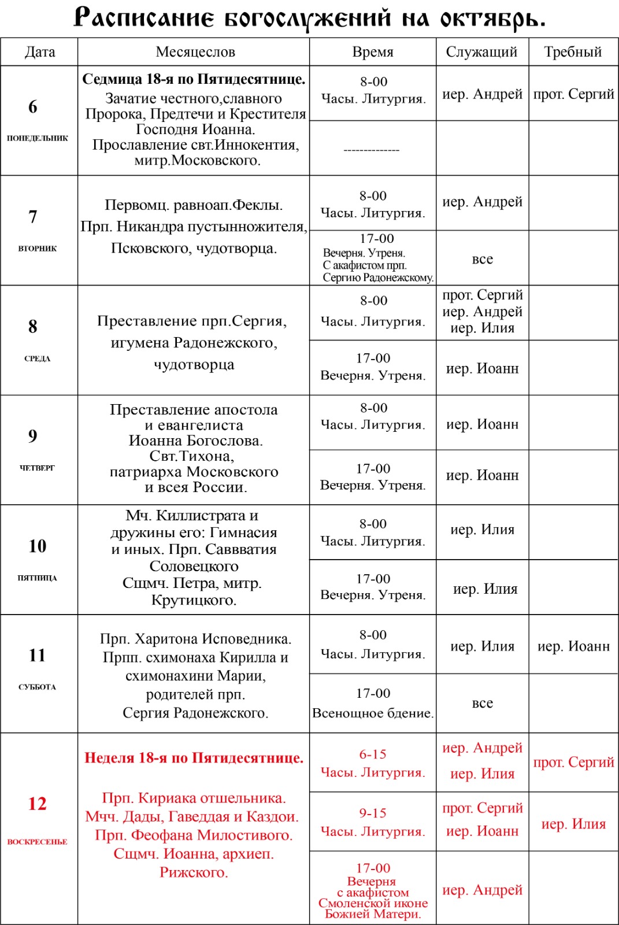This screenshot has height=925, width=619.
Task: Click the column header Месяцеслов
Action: click(x=195, y=52)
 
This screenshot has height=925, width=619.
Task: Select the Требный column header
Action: click(x=573, y=52)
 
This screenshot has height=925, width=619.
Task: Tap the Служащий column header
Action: click(x=481, y=52)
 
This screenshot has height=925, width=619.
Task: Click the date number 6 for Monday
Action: click(x=33, y=106)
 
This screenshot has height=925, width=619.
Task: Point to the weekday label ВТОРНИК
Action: click(x=38, y=249)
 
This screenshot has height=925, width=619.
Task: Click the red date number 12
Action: click(x=38, y=804)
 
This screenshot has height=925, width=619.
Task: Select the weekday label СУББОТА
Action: click(x=38, y=687)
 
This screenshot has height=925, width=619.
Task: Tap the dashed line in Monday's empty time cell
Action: click(x=372, y=150)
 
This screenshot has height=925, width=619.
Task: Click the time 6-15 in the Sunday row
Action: click(x=373, y=754)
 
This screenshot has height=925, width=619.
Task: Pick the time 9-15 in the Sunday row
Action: click(x=373, y=813)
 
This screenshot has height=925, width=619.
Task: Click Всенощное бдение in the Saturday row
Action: click(x=373, y=713)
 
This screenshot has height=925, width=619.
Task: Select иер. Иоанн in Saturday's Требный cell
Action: click(x=573, y=646)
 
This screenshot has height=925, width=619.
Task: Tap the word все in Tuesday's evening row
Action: click(x=483, y=259)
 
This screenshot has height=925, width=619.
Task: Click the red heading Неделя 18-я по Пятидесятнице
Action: click(x=194, y=758)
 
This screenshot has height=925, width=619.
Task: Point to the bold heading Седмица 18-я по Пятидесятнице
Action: click(x=194, y=79)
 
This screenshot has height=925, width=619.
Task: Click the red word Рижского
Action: click(x=194, y=872)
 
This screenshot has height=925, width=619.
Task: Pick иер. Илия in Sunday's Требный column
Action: click(x=573, y=824)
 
